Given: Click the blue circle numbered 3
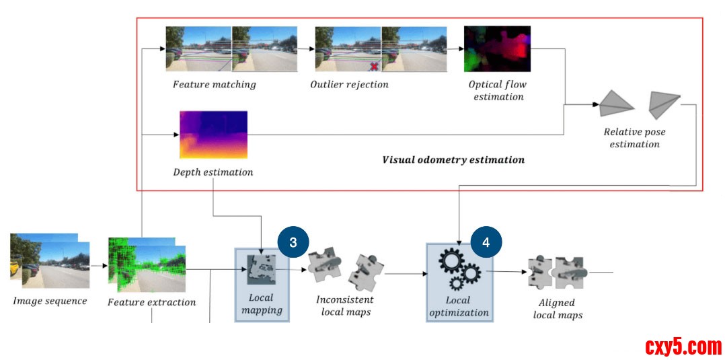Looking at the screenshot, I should pos(293,243).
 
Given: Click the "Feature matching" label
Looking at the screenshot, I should pos(215,85).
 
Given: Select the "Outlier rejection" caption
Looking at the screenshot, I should pos(349,85).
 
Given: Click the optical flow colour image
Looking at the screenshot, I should pos(497,49).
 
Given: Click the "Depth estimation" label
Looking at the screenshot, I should pos(213,172).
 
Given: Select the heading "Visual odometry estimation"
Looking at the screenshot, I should pos(453,160).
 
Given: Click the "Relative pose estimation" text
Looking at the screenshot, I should pos(634,138).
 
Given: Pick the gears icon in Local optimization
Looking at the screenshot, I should pos(459,269).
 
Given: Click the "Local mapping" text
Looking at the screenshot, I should pos(262,304).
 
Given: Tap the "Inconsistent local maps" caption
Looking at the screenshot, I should pos(344,305).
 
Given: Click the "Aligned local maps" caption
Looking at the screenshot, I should pos(557,309).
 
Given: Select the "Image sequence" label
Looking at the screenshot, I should pos(50,301).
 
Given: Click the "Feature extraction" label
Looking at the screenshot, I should pos(152,302).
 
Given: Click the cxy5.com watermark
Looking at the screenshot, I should pos(683,347).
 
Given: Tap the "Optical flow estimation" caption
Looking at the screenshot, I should pos(498,91).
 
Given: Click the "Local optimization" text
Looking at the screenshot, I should pos(459,306).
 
